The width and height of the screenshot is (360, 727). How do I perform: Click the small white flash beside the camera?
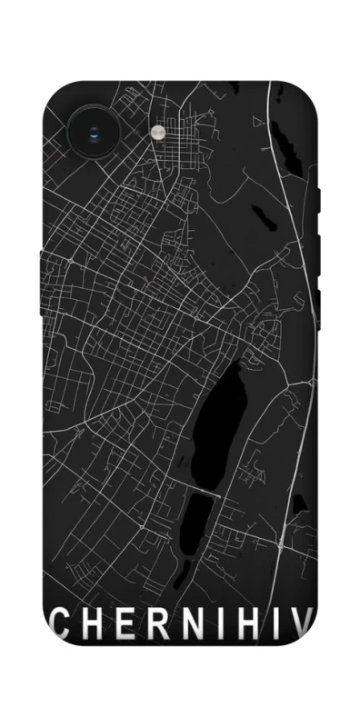pos(159,133)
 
